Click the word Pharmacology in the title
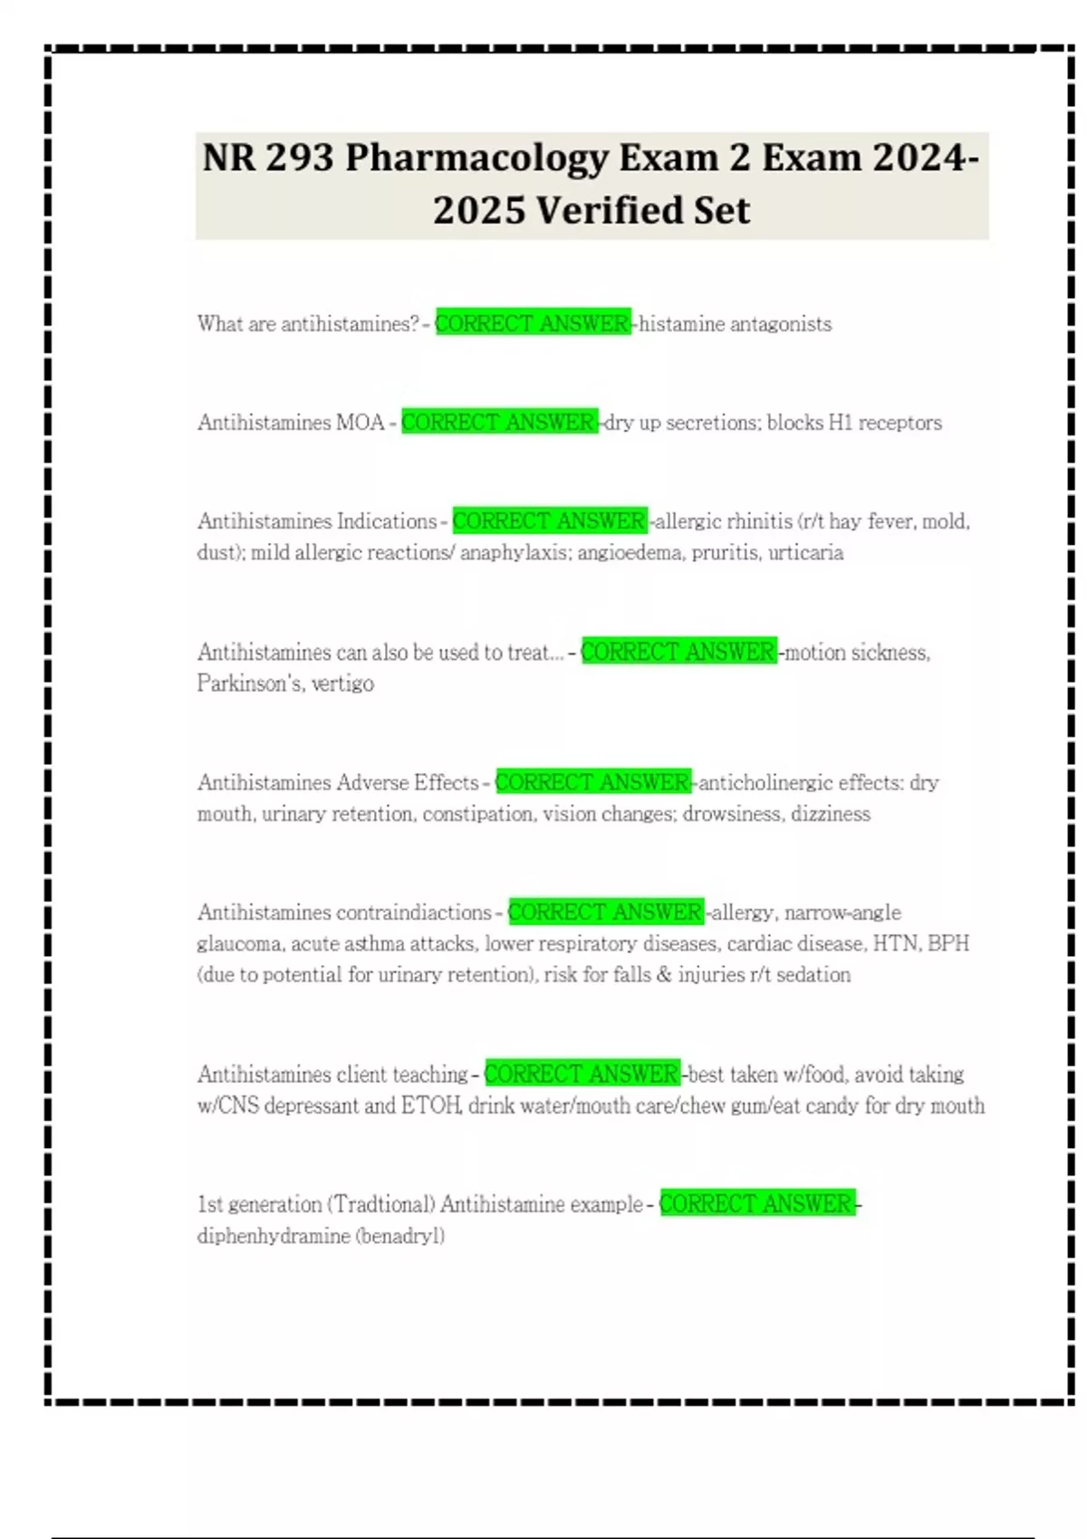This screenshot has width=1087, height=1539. point(477,158)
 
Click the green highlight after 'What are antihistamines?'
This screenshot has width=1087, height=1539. point(533,323)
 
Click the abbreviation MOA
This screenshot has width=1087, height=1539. point(361,423)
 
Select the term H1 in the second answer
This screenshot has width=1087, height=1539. point(840,423)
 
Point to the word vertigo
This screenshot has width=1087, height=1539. point(342,683)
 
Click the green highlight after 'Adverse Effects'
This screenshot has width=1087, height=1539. point(593,782)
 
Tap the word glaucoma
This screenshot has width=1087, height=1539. point(239,944)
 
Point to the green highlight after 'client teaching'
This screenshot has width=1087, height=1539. point(582,1075)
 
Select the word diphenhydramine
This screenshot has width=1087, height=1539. point(274,1237)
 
